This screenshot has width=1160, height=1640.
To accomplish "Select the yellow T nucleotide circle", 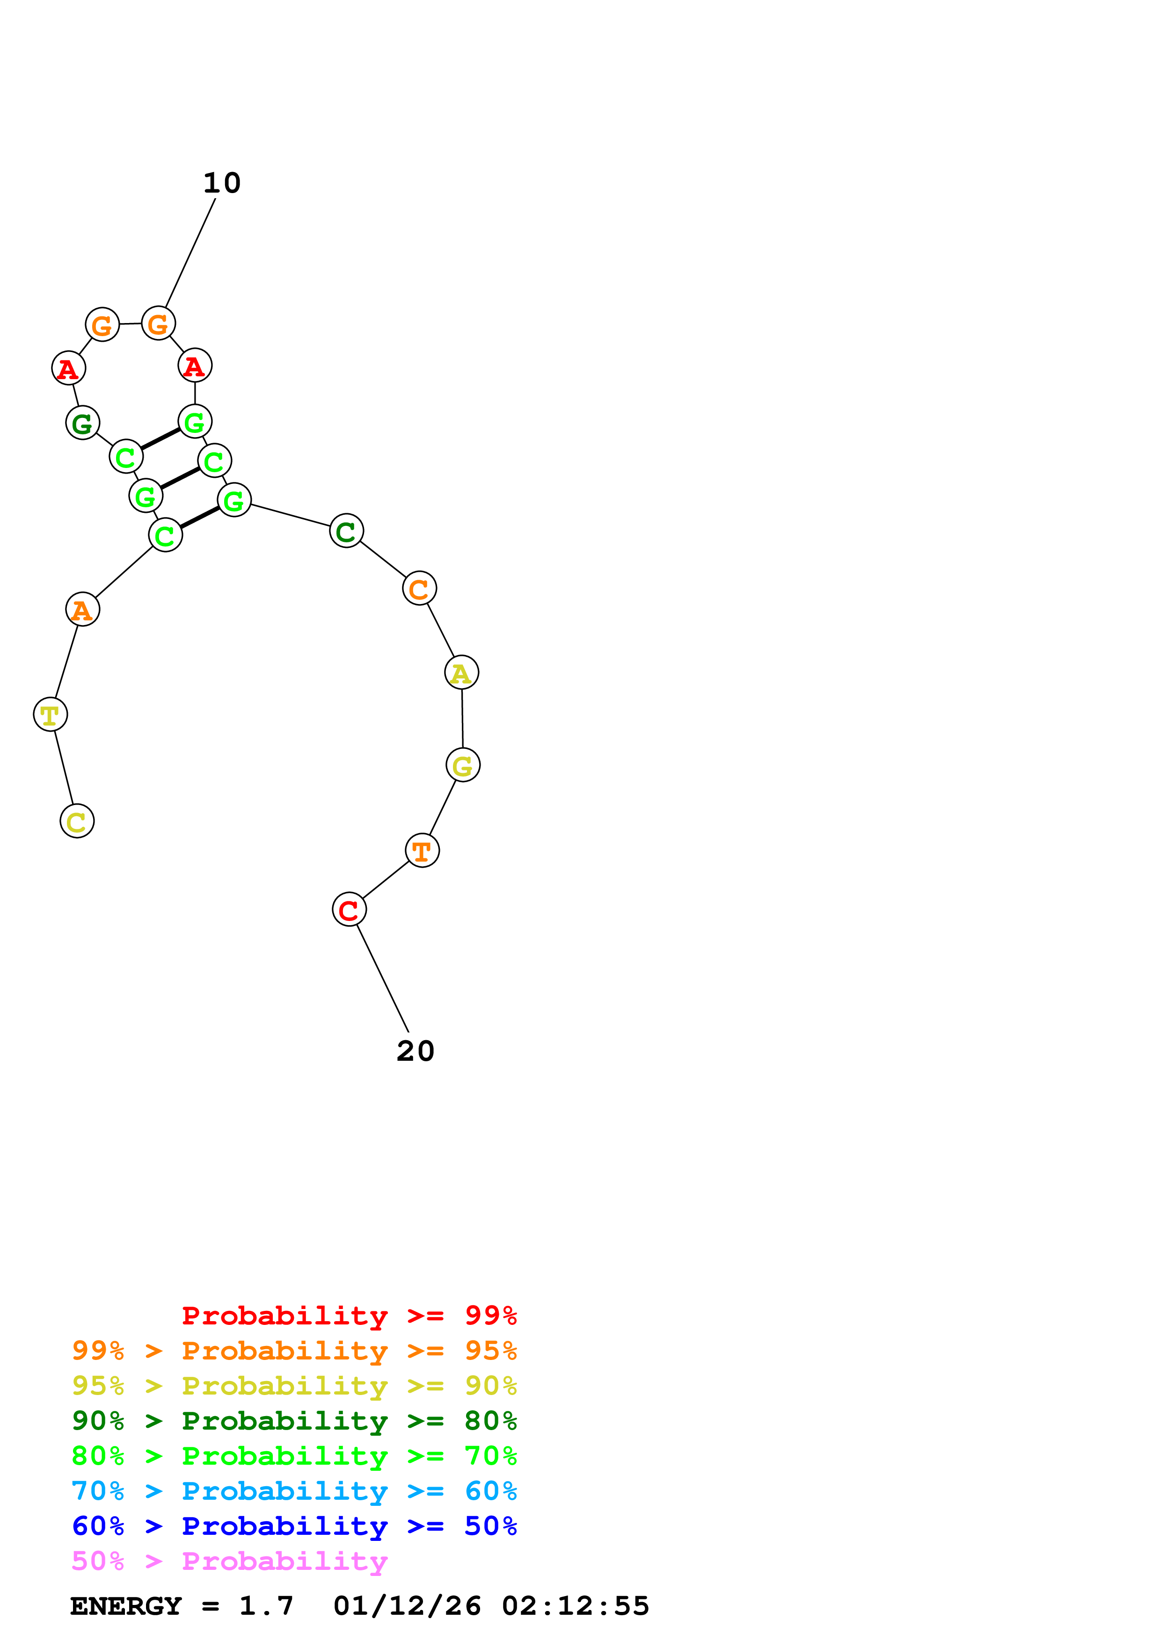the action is coord(50,714).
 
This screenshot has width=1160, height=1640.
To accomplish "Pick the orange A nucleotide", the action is coord(82,609).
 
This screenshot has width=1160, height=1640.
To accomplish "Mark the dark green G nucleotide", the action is coord(82,423).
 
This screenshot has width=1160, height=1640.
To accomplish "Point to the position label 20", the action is coord(415,1051).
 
